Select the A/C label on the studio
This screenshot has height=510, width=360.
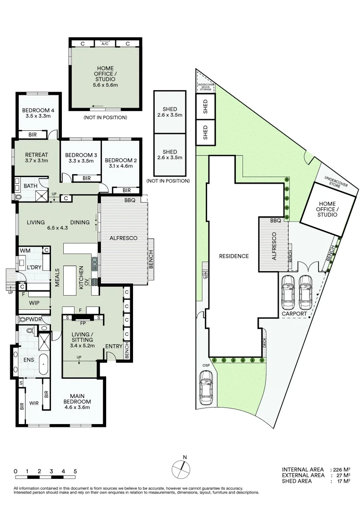[105, 44]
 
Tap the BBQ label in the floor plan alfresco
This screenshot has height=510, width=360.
[130, 200]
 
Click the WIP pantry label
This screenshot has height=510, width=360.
[33, 303]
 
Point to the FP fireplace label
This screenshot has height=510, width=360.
[83, 324]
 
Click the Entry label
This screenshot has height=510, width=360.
[113, 346]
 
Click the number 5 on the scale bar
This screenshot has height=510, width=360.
[75, 471]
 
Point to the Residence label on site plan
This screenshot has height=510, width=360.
[234, 256]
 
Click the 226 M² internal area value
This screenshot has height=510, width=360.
[339, 469]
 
